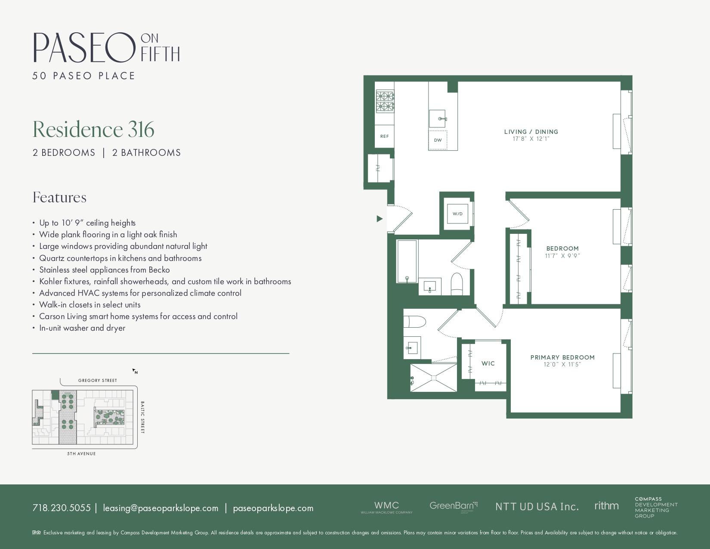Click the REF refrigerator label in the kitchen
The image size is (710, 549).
[x=384, y=136]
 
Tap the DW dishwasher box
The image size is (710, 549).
[x=438, y=140]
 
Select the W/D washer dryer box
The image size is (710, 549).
[x=457, y=213]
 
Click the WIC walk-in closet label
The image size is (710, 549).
[x=488, y=363]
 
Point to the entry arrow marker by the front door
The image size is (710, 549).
[x=380, y=219]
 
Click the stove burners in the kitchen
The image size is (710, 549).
[x=385, y=101]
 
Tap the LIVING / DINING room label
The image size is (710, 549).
[x=531, y=132]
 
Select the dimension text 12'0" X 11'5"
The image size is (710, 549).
[x=562, y=364]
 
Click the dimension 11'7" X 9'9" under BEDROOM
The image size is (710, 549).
[x=562, y=255]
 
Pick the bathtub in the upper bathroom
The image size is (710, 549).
[x=407, y=261]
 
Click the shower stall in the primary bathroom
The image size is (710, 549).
[x=433, y=378]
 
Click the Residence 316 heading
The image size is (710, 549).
[x=93, y=129]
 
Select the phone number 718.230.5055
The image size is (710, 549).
[x=62, y=508]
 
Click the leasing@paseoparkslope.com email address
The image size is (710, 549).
[x=161, y=508]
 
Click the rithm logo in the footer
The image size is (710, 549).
[x=606, y=506]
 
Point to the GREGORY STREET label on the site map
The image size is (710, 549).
[x=98, y=380]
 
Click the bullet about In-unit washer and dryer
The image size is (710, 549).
[x=82, y=328]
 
